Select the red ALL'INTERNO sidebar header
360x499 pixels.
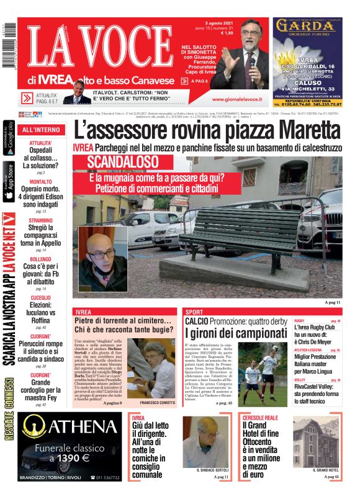coord(41,130)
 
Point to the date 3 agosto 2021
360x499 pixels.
coord(233,23)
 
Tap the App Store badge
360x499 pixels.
coord(9,181)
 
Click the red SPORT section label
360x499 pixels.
coord(194,312)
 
